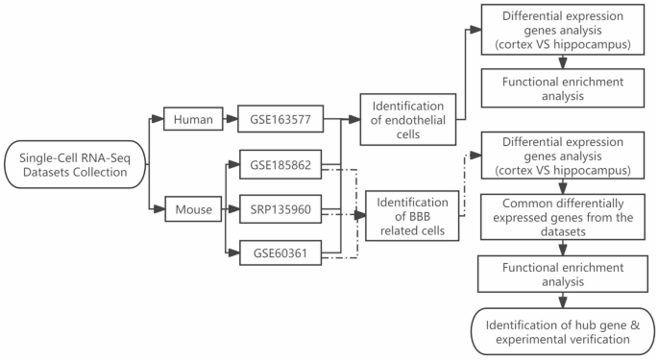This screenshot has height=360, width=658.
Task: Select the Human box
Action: click(x=192, y=121)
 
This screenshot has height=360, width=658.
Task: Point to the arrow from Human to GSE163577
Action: click(x=231, y=121)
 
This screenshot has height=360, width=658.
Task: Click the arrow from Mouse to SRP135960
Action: click(x=231, y=208)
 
